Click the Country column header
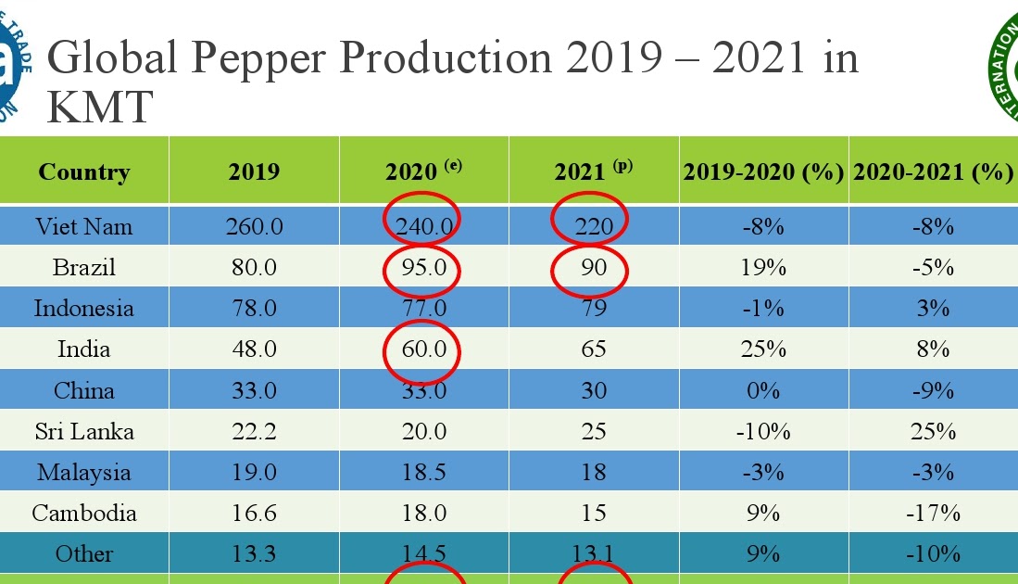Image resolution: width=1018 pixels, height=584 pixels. [x=84, y=172]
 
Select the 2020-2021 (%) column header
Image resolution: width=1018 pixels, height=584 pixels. [x=933, y=172]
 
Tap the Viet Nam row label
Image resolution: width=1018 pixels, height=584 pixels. [x=84, y=226]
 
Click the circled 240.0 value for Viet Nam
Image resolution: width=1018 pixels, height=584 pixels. [x=422, y=226]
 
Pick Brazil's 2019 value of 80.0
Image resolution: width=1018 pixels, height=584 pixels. [x=254, y=268]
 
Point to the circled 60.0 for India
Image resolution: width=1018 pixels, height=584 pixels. [x=422, y=349]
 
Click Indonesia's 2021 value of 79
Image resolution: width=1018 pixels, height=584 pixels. [x=593, y=309]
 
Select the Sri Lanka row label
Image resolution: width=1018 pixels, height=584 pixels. [x=84, y=432]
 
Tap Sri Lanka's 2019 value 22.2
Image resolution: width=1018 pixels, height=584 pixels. [x=254, y=432]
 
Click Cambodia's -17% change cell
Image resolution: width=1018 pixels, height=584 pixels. [x=933, y=514]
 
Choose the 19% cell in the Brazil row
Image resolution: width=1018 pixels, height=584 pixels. [x=763, y=268]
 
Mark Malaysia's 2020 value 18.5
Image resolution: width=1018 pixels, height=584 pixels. [x=422, y=473]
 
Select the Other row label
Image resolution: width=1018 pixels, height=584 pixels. [x=84, y=554]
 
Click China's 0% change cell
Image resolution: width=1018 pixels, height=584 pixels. [x=763, y=390]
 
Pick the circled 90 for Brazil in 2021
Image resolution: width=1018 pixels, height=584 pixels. [x=593, y=268]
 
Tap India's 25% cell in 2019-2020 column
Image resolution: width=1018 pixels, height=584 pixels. [x=763, y=349]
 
